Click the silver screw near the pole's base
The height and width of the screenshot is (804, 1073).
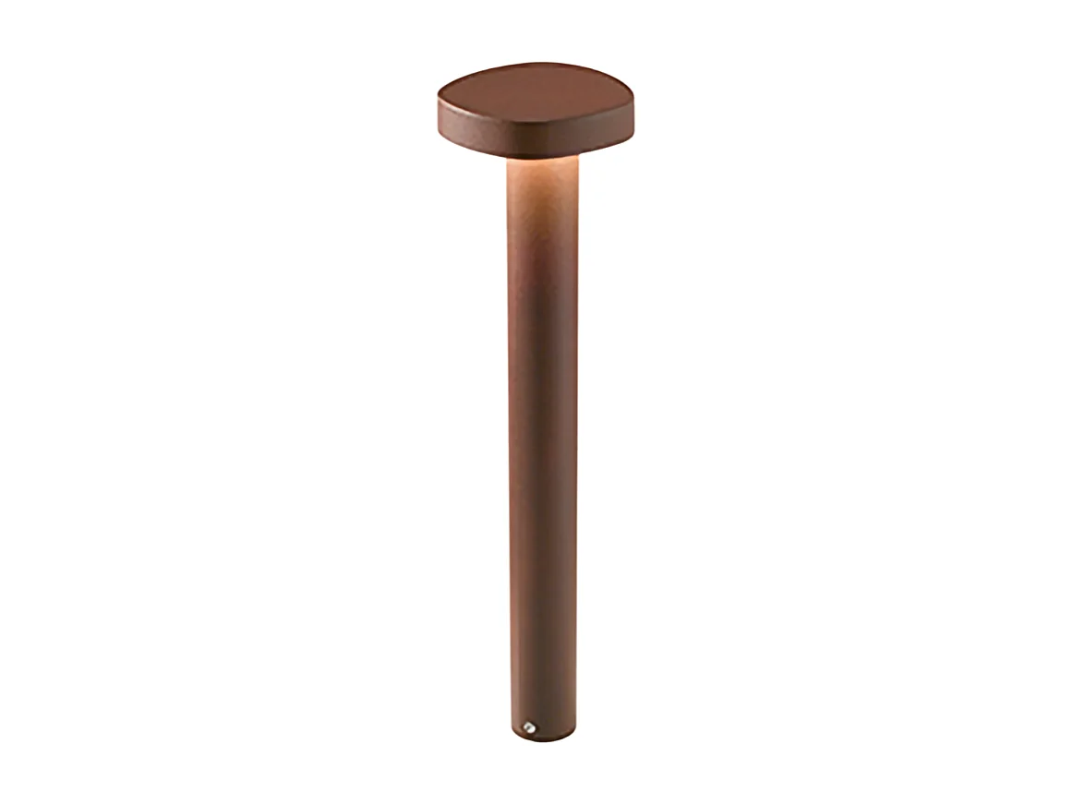[530, 727]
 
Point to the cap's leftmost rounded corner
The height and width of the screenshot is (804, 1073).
[439, 105]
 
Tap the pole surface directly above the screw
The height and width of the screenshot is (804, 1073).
[530, 683]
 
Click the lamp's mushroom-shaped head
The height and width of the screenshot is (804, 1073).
[536, 111]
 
